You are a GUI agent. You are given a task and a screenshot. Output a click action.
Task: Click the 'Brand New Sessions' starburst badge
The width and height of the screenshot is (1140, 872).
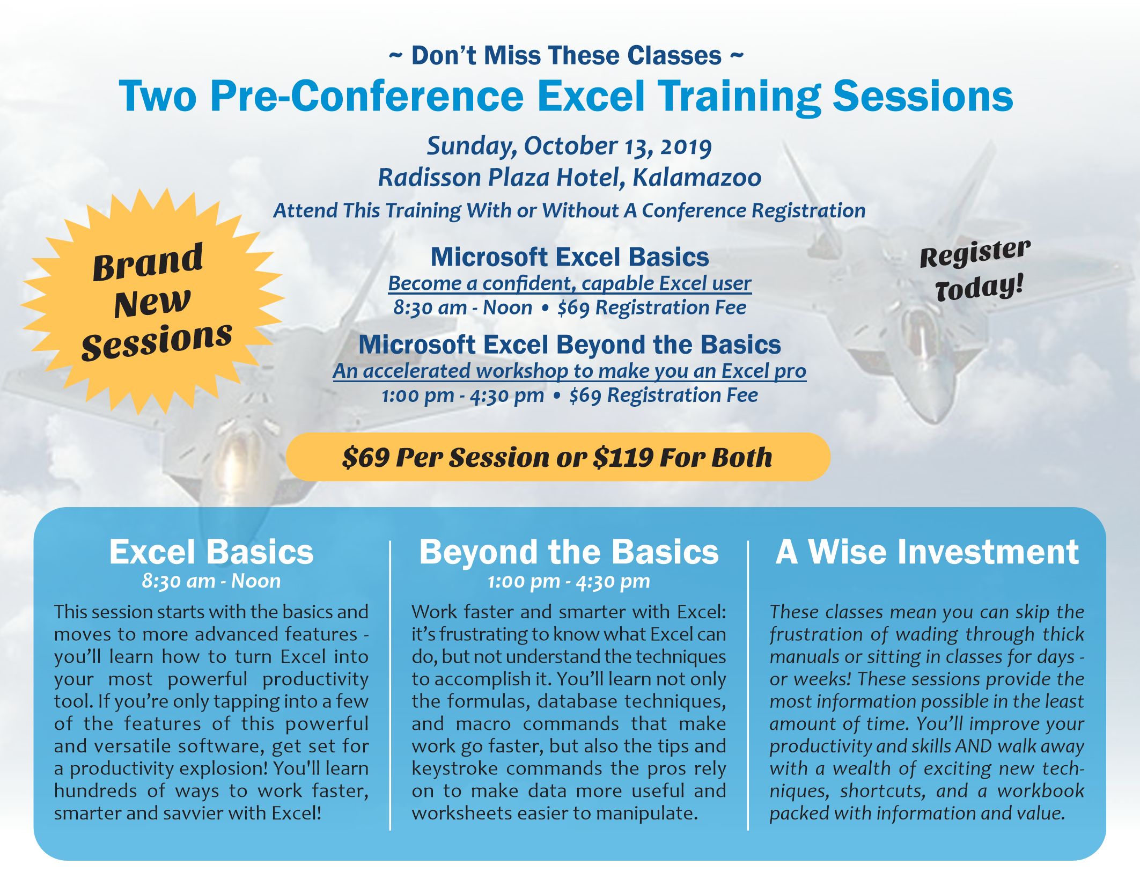coord(153,302)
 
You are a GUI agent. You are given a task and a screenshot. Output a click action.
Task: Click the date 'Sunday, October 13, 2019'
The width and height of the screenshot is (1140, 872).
coord(569,146)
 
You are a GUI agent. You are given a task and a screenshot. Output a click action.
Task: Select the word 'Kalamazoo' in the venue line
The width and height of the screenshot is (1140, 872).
coord(696,178)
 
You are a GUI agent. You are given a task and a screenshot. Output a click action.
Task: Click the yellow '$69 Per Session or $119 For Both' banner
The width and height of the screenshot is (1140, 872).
coord(558,457)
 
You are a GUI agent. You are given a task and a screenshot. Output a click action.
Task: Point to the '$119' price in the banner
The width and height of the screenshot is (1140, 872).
coord(623,458)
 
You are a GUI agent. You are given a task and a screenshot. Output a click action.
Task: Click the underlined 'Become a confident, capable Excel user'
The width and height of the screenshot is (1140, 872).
coord(570,283)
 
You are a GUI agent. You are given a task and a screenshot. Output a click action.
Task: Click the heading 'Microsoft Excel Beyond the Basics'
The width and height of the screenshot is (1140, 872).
coord(570,345)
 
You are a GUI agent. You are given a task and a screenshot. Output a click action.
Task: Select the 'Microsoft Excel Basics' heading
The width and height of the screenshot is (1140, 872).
coord(570,257)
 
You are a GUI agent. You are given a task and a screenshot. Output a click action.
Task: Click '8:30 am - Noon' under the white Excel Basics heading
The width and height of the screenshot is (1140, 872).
coord(211,581)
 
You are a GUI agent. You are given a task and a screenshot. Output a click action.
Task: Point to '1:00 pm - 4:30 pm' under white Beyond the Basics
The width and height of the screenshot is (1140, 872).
coord(569,581)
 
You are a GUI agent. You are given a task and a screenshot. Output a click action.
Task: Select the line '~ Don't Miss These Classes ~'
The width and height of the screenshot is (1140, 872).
coord(567,56)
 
